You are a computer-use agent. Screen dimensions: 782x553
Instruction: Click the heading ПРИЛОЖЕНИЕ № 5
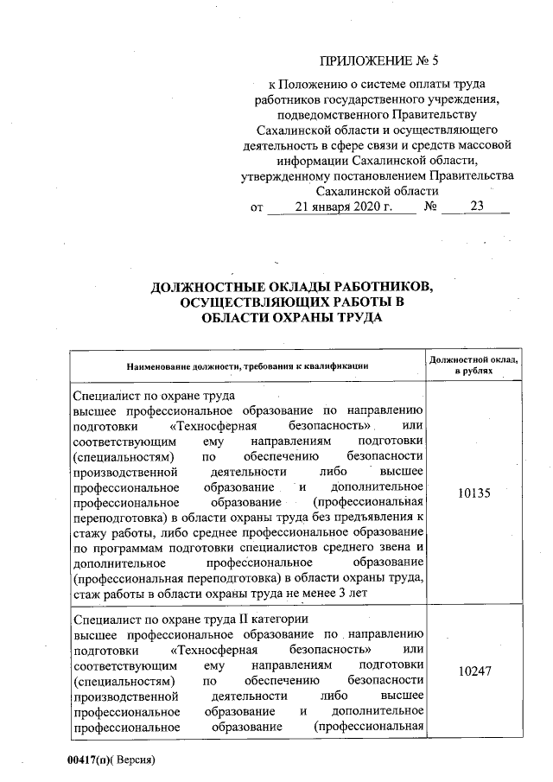coord(379,60)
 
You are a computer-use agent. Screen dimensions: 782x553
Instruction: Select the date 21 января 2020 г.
coord(343,207)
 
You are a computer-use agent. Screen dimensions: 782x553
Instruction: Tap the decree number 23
coord(477,207)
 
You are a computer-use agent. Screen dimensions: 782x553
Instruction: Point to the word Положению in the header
coord(314,84)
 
